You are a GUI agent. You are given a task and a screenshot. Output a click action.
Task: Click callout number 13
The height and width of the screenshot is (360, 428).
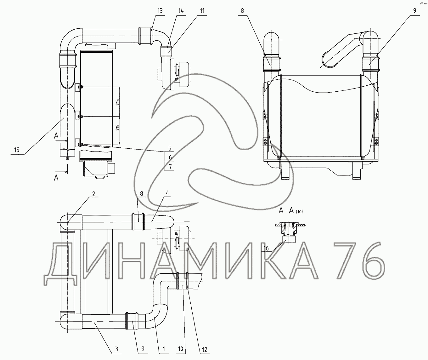coord(160,11)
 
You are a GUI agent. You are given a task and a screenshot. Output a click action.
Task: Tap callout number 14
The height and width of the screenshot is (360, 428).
coord(181,11)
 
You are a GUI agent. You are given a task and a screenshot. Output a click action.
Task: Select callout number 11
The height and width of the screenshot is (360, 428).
coord(202,11)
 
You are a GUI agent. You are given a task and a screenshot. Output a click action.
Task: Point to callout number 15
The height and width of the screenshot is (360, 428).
coord(17,150)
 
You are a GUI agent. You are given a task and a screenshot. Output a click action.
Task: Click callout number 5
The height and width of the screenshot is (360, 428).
coord(170,148)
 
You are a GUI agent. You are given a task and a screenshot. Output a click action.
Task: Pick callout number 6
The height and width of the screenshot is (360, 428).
coord(170,157)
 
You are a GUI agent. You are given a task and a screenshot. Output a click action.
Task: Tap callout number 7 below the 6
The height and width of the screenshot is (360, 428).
coord(170,166)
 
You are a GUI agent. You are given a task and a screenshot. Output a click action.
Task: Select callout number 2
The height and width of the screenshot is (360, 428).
coord(94,194)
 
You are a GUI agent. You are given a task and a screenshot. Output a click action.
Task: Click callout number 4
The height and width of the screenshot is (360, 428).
coord(167,193)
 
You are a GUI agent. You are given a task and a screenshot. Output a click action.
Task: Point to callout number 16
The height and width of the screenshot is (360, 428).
coord(266,249)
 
